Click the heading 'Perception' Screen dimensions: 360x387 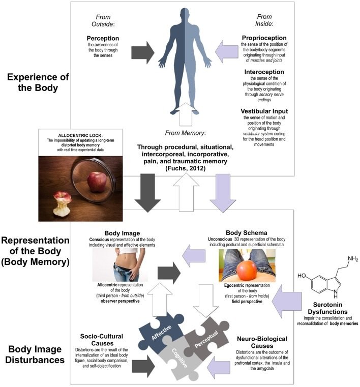[103, 38]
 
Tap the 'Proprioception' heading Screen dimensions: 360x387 [264, 38]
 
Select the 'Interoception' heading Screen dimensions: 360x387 [264, 72]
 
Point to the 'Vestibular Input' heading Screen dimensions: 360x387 [264, 111]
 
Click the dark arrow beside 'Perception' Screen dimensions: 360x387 [142, 52]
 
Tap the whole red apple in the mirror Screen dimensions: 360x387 [97, 182]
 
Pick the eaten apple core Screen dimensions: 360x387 [62, 204]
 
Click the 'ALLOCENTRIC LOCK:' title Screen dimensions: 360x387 [80, 135]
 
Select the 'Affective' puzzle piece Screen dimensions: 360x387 [161, 330]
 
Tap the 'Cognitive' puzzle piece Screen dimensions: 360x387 [180, 358]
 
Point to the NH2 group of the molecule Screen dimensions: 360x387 [353, 259]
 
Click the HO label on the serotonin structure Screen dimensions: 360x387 [302, 276]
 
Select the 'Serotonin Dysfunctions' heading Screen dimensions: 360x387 [327, 308]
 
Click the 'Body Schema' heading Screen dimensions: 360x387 [246, 233]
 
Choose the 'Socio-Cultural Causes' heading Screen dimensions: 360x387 [102, 340]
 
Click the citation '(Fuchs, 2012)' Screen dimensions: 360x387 [185, 168]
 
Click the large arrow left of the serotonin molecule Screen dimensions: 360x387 [287, 301]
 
